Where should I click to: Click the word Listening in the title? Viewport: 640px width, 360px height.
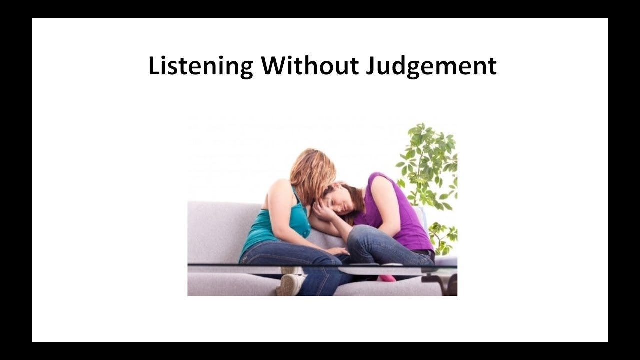(200, 66)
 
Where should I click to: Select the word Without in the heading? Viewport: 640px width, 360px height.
(310, 66)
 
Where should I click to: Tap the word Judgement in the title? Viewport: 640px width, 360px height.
(431, 66)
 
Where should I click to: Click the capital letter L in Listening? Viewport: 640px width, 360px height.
(153, 66)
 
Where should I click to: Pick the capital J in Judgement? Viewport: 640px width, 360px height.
(370, 66)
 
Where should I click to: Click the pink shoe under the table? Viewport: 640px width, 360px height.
(386, 278)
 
